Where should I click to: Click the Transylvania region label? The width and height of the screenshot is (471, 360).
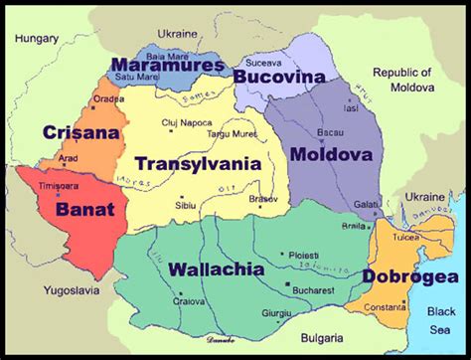pyautogui.click(x=199, y=164)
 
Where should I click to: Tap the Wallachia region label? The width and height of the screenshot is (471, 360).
pyautogui.click(x=216, y=270)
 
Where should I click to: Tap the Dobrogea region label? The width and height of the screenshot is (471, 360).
pyautogui.click(x=409, y=275)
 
